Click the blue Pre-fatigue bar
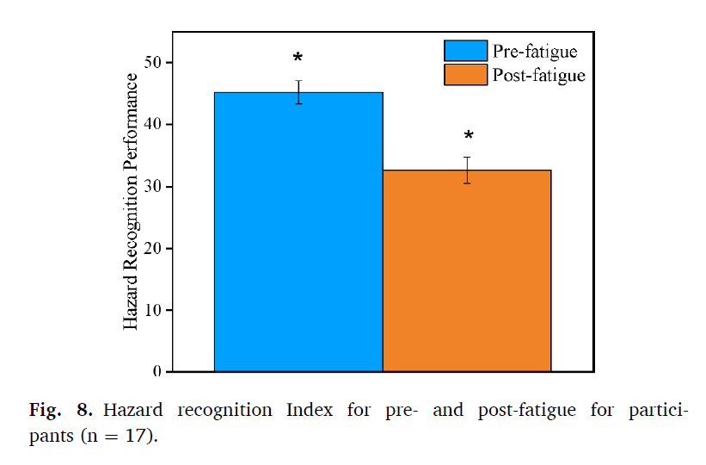tap(298, 232)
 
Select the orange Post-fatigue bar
tap(466, 271)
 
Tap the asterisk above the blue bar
tap(298, 59)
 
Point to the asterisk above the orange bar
tap(469, 137)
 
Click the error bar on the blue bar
tap(298, 92)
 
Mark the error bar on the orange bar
tap(467, 170)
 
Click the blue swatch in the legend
tap(465, 51)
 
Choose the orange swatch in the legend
tap(465, 75)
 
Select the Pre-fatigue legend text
tap(534, 51)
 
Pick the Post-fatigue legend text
tap(538, 76)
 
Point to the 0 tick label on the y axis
tap(158, 372)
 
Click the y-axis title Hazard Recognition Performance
tap(131, 201)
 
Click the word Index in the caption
tap(307, 410)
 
